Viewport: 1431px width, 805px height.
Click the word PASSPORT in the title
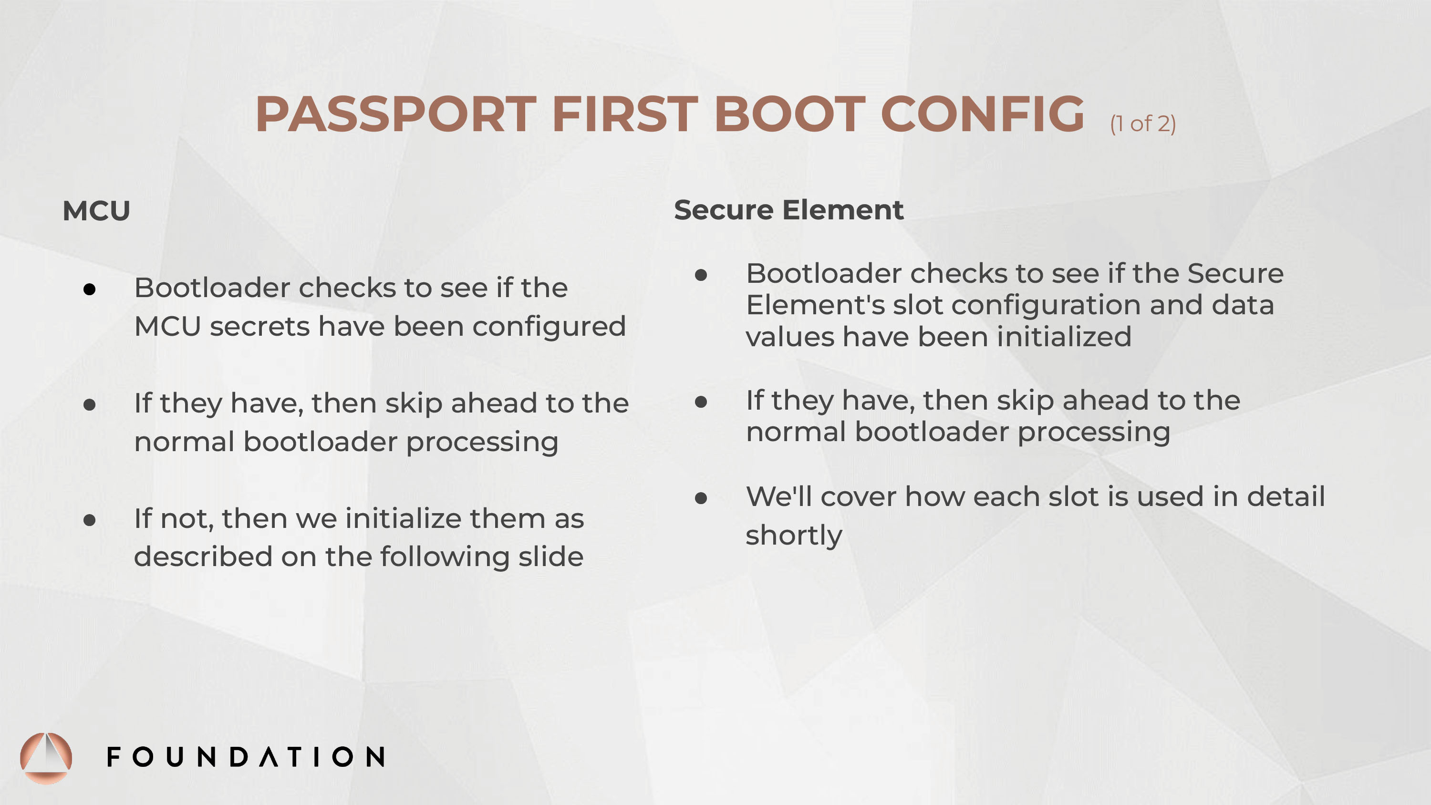click(x=395, y=114)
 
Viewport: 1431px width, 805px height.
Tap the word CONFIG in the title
click(x=982, y=114)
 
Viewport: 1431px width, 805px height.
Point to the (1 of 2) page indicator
click(x=1143, y=124)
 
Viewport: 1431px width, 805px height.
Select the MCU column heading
click(x=96, y=211)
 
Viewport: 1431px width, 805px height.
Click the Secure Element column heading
click(x=789, y=210)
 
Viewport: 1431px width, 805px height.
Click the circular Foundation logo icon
click(x=46, y=758)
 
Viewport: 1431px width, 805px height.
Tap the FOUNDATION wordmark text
click(x=246, y=757)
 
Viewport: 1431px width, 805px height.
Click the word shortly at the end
click(x=794, y=536)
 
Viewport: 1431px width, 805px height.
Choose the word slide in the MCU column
click(x=550, y=557)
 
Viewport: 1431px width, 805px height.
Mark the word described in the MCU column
click(x=203, y=557)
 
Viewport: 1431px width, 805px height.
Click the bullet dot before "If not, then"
click(x=90, y=520)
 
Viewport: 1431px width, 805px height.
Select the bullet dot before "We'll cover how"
click(x=701, y=498)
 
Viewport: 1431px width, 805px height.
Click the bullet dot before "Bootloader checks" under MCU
click(x=90, y=289)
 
